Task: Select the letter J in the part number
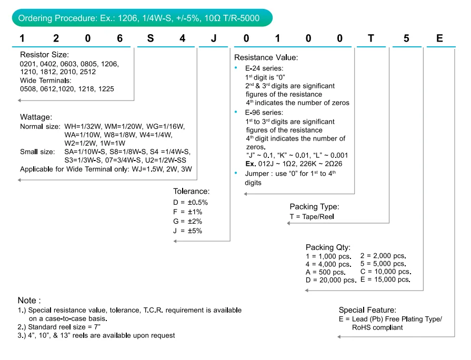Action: [x=213, y=38]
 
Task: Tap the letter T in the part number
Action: [x=372, y=38]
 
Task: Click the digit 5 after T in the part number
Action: [x=406, y=38]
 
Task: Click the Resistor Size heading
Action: [x=44, y=55]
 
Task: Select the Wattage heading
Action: [x=36, y=116]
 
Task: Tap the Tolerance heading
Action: [x=192, y=191]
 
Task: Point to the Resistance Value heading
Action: [x=266, y=57]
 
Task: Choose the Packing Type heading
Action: [x=314, y=207]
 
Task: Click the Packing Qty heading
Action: [x=328, y=247]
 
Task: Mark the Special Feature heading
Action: [x=367, y=310]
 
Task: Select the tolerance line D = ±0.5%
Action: [x=191, y=203]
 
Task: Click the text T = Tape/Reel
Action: [x=312, y=216]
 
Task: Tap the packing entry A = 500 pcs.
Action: [x=326, y=272]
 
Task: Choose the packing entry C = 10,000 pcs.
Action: [x=385, y=272]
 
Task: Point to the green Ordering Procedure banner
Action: [x=143, y=18]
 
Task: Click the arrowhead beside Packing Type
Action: [x=289, y=223]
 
